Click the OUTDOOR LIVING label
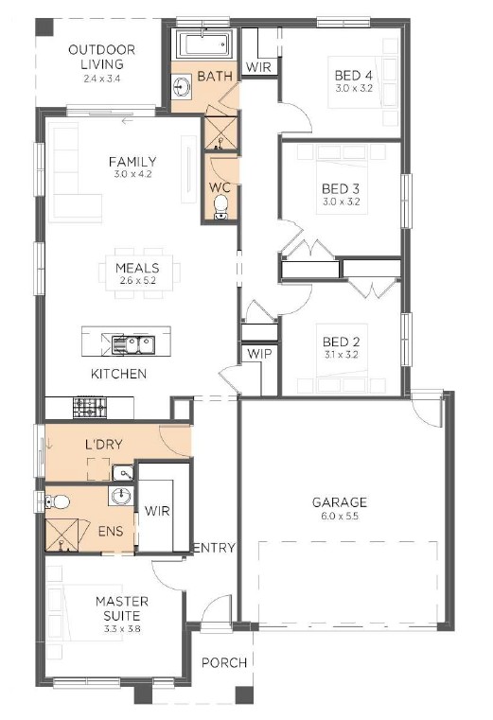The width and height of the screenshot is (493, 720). [101, 57]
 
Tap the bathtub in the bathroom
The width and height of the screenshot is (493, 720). [203, 44]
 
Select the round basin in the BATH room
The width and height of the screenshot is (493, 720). [183, 87]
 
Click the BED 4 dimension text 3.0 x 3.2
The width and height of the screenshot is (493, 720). [353, 89]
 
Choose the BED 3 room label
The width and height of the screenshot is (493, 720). [341, 188]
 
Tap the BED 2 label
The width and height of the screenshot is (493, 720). [341, 342]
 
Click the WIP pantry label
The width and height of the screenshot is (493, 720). [259, 354]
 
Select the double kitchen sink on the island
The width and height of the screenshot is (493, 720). [133, 344]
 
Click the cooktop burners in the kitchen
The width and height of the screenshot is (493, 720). [90, 407]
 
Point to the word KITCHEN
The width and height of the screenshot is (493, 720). [118, 374]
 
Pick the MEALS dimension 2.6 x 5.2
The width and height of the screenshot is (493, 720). [137, 280]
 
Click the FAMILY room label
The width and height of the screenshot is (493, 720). [132, 162]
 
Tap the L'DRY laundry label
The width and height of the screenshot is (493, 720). [104, 444]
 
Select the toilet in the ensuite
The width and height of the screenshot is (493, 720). [57, 501]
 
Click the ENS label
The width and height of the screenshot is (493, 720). [111, 532]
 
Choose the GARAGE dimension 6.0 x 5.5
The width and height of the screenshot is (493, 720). [340, 516]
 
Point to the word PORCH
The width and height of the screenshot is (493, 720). [224, 662]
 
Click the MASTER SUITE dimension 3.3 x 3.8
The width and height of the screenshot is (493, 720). [122, 629]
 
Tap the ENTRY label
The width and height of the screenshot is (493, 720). [214, 548]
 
